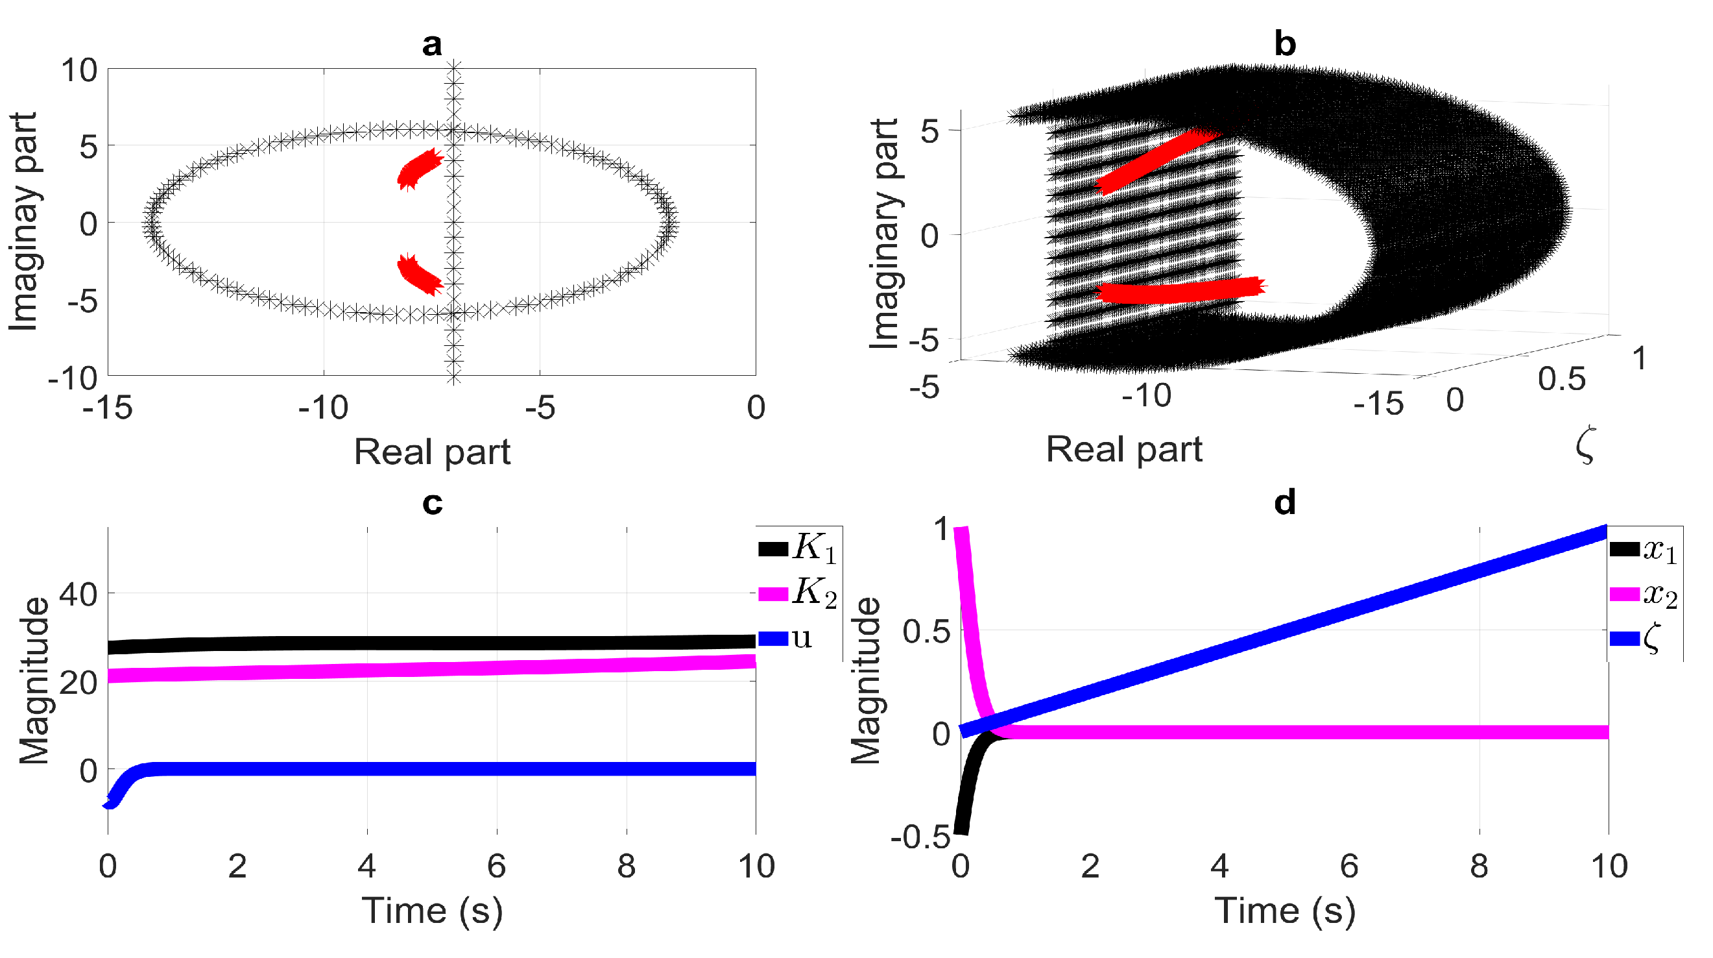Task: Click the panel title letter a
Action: pos(431,45)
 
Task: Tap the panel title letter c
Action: pos(431,504)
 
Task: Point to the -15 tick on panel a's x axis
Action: pos(108,408)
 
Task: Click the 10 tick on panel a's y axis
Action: pos(79,71)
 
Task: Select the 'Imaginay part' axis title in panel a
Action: pos(24,221)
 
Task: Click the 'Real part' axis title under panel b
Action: pos(1124,450)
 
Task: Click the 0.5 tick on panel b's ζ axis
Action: pos(1561,379)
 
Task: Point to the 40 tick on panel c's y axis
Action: pos(78,593)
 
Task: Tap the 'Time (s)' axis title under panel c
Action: pos(431,911)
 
